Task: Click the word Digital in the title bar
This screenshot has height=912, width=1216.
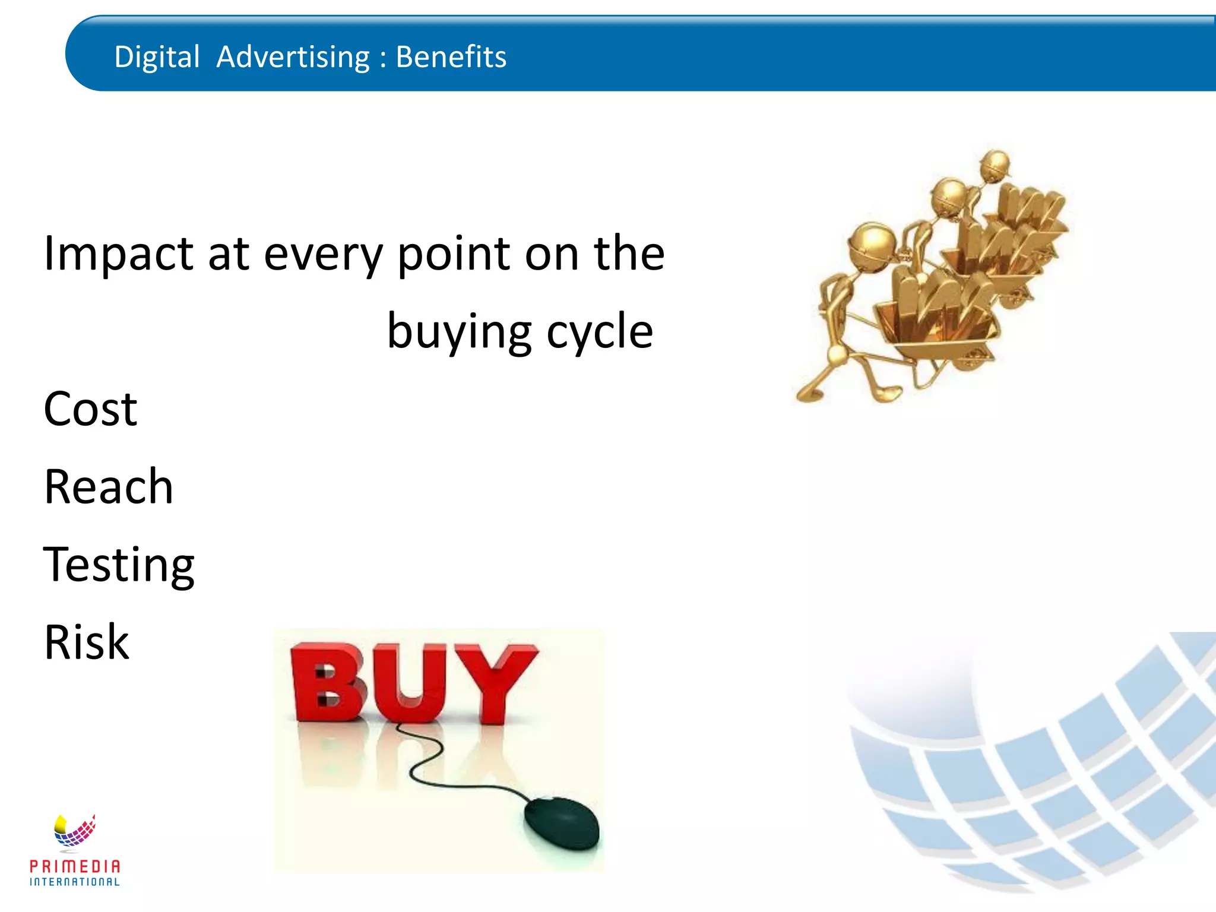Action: [x=157, y=58]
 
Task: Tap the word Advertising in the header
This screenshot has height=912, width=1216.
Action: [x=293, y=58]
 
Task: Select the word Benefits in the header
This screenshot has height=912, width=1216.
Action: [x=451, y=57]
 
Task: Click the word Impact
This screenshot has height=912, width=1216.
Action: [x=118, y=254]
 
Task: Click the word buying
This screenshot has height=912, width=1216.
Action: [x=459, y=331]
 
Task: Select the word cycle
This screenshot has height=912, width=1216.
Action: [x=600, y=331]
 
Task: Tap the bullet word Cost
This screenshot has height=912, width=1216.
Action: [x=90, y=409]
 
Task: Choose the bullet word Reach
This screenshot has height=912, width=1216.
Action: [x=108, y=487]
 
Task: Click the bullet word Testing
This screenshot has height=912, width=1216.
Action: [x=119, y=565]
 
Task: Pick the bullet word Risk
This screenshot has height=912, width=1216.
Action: [x=87, y=642]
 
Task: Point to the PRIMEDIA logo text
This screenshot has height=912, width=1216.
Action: [x=75, y=866]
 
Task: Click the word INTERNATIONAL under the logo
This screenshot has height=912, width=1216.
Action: [x=75, y=882]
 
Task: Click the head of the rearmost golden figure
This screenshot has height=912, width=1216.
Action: [x=995, y=163]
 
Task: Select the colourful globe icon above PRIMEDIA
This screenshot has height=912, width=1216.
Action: [x=74, y=830]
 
